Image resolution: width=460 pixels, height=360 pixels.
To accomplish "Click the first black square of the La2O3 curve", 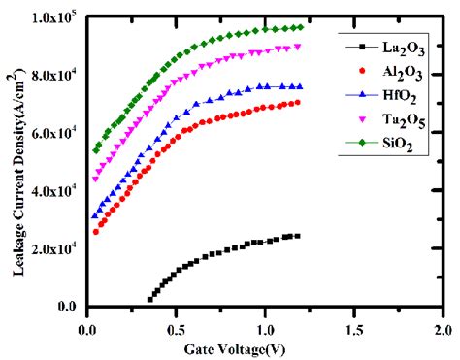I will point(149,300).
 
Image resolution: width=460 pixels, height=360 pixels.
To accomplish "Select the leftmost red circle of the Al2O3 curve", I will point(95,232).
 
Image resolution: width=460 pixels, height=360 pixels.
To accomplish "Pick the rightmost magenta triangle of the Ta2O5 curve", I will point(298,47).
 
